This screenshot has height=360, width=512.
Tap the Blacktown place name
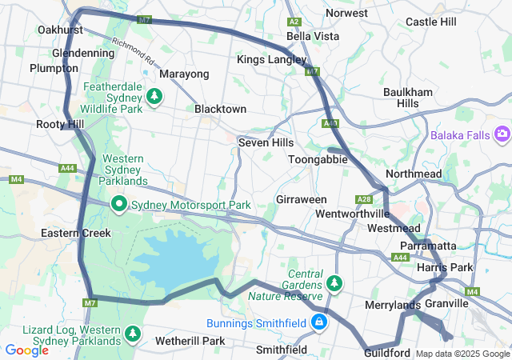(220, 109)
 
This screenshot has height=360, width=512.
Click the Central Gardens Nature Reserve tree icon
(334, 282)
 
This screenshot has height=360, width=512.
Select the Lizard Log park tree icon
(133, 333)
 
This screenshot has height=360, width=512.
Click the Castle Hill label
(430, 22)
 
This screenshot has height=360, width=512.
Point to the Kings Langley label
(266, 60)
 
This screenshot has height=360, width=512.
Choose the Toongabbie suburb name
(318, 159)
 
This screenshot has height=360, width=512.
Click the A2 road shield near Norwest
(294, 22)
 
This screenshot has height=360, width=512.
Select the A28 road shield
(365, 199)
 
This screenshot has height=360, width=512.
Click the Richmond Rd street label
(132, 53)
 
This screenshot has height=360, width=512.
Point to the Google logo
(27, 350)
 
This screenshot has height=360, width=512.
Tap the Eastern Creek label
(70, 234)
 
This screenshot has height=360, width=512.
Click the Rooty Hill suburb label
(60, 125)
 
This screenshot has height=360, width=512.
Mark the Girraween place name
(302, 198)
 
